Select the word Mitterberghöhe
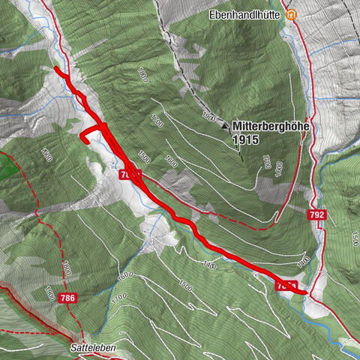(x=271, y=127)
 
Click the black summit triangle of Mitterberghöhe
(x=224, y=127)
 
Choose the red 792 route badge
(x=317, y=215)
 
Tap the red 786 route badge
(x=66, y=298)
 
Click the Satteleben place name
(x=94, y=349)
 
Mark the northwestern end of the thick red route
(x=57, y=69)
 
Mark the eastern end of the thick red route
(x=305, y=292)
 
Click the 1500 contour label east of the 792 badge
(x=351, y=238)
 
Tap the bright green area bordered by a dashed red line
(x=7, y=165)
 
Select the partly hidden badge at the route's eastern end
(x=286, y=286)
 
